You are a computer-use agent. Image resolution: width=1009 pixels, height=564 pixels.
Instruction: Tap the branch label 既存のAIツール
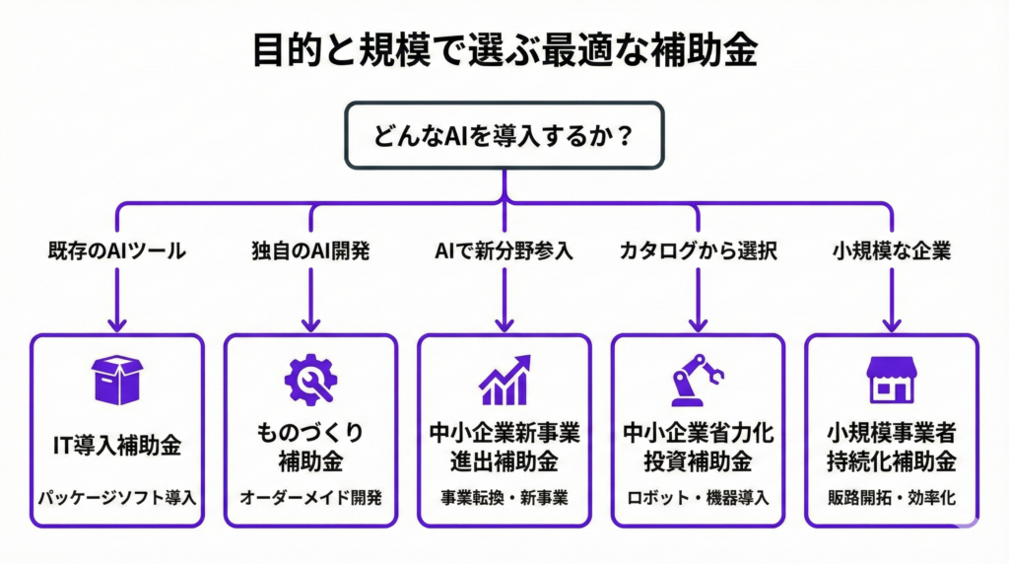pyautogui.click(x=116, y=250)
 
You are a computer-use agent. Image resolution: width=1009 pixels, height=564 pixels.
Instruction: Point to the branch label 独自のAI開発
pyautogui.click(x=310, y=250)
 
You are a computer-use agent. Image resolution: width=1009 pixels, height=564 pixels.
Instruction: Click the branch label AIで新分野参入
pyautogui.click(x=504, y=250)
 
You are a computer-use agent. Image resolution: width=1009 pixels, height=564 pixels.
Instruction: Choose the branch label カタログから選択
pyautogui.click(x=698, y=250)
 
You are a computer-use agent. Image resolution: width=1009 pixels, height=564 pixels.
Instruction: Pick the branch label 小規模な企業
pyautogui.click(x=891, y=250)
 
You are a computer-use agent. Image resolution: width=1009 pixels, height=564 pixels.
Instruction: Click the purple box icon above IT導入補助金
pyautogui.click(x=116, y=380)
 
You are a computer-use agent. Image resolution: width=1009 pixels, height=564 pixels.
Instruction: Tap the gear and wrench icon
pyautogui.click(x=310, y=380)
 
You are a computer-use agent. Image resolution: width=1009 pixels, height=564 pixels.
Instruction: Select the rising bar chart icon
pyautogui.click(x=504, y=381)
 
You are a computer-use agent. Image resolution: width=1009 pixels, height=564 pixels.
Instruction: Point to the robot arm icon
pyautogui.click(x=698, y=380)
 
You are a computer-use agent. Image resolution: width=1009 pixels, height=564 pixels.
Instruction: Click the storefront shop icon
pyautogui.click(x=891, y=380)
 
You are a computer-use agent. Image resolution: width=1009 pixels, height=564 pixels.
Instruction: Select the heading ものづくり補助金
pyautogui.click(x=310, y=446)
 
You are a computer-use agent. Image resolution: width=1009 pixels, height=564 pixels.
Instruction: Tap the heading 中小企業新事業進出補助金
pyautogui.click(x=504, y=446)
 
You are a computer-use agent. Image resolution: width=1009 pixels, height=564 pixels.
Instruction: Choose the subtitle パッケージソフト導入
pyautogui.click(x=116, y=496)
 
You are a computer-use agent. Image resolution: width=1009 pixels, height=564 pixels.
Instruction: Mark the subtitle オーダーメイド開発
pyautogui.click(x=310, y=496)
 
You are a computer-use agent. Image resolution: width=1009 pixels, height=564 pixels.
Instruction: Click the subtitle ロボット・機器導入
pyautogui.click(x=698, y=496)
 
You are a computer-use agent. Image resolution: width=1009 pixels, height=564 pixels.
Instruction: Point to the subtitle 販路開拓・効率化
pyautogui.click(x=891, y=496)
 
